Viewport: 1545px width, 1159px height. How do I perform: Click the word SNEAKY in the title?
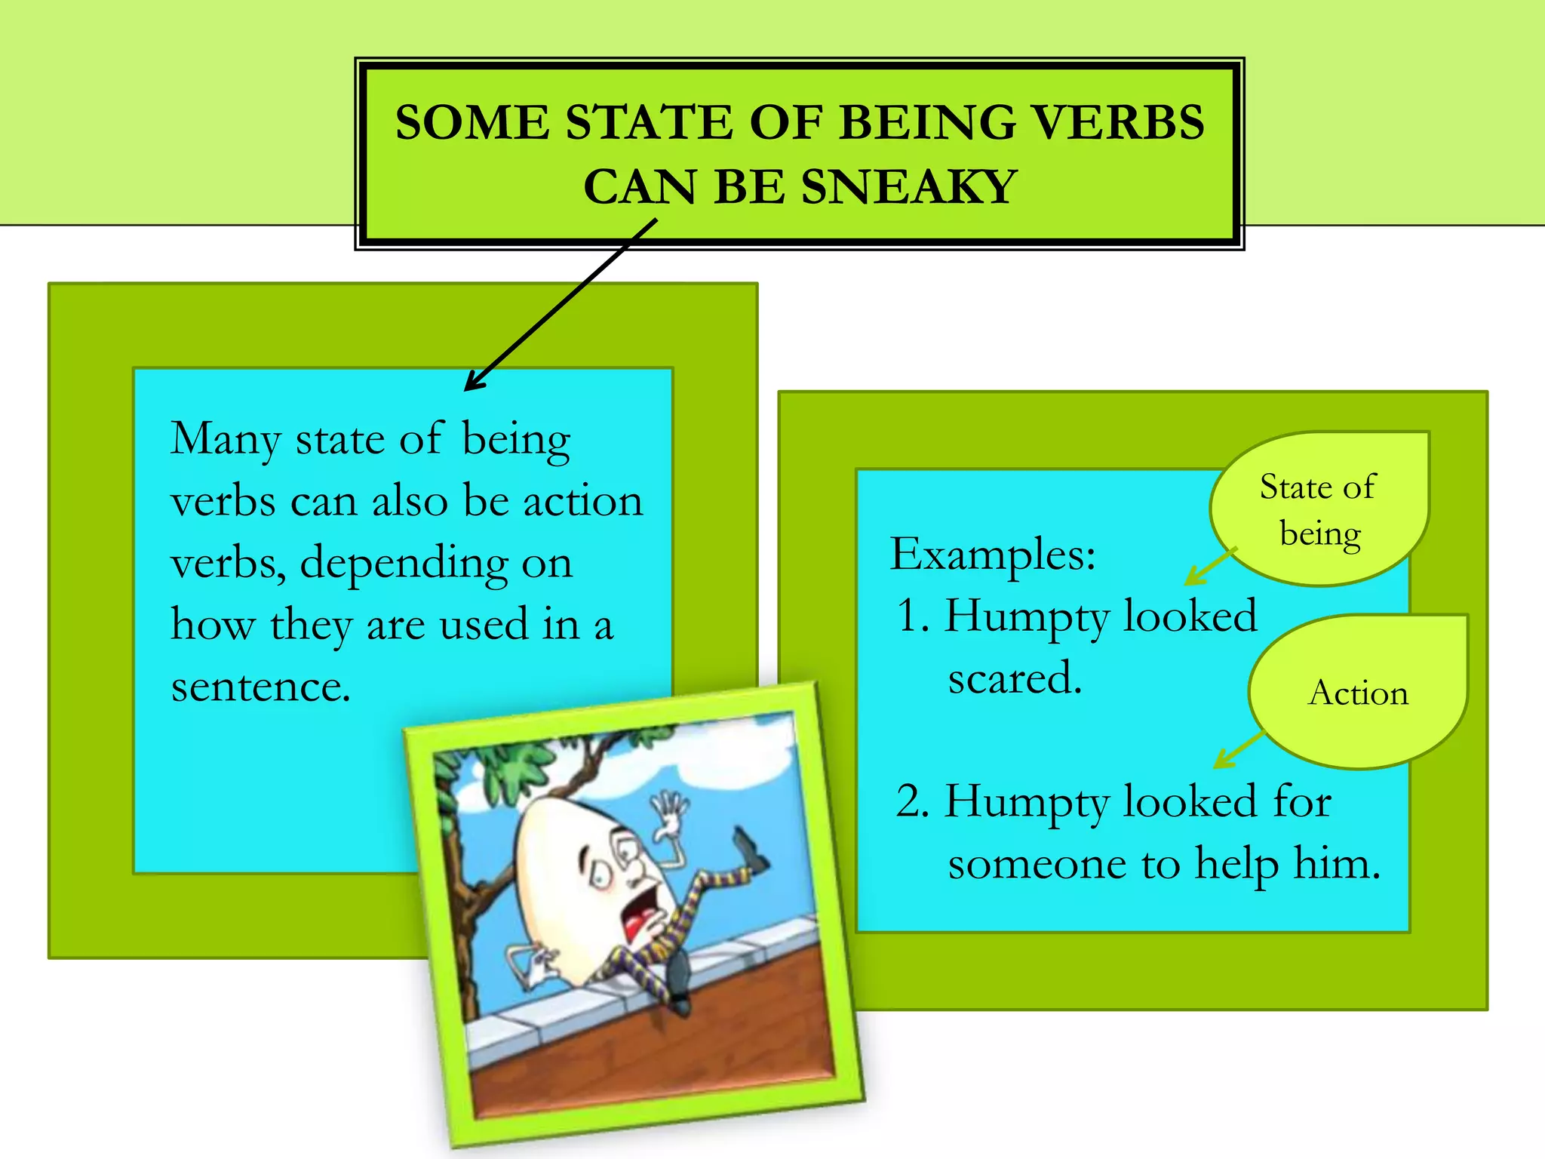coord(908,187)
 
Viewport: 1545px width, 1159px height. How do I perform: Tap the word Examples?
coord(992,555)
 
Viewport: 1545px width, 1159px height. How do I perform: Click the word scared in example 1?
coord(1014,678)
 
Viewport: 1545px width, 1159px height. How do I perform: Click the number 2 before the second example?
coord(911,801)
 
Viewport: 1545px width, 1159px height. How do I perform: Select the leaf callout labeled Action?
coord(1358,692)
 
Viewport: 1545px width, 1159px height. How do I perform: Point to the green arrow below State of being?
coord(1207,568)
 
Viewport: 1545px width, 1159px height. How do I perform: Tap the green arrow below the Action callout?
coord(1237,751)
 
